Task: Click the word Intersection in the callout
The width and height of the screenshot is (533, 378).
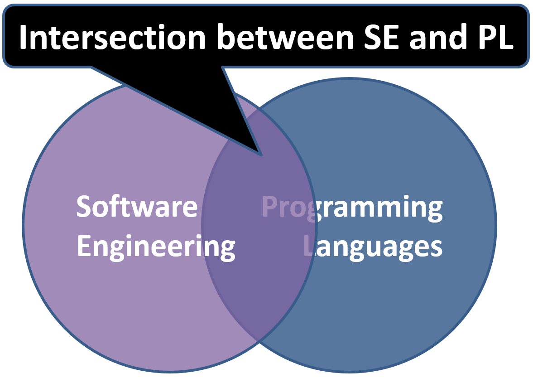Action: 112,37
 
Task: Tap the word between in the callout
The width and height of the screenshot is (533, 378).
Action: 285,37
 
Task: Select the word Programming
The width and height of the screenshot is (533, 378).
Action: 352,208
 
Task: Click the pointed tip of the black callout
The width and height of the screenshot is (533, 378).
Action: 261,155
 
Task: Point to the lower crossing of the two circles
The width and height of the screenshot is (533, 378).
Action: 259,341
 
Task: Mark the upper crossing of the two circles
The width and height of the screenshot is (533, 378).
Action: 259,108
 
